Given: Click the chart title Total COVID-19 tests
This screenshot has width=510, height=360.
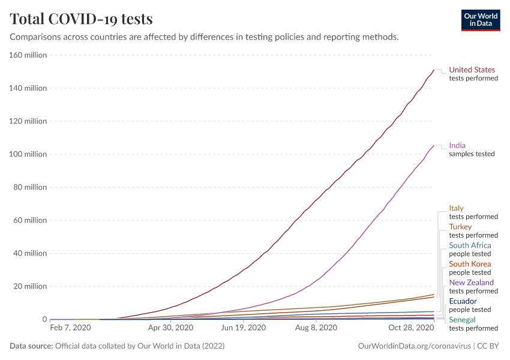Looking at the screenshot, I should click(x=82, y=19).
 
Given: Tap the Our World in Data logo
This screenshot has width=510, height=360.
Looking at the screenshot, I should click(x=480, y=20).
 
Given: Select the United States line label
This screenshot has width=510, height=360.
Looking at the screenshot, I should click(x=472, y=70).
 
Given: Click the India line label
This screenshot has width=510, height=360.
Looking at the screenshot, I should click(x=457, y=145).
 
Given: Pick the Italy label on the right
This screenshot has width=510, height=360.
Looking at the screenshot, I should click(x=456, y=208).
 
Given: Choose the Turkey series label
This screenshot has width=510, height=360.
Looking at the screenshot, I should click(x=460, y=227).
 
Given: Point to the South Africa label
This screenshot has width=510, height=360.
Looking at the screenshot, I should click(x=470, y=245).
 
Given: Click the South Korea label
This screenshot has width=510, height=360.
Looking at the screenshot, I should click(x=470, y=264).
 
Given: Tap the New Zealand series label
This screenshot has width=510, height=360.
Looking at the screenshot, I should click(x=471, y=283).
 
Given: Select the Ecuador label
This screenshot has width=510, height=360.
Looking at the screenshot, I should click(x=463, y=301).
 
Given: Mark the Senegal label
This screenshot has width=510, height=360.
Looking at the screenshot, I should click(x=462, y=320).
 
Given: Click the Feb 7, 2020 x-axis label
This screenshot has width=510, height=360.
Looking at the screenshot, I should click(x=70, y=328).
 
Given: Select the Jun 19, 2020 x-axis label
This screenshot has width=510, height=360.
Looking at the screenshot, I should click(x=243, y=328).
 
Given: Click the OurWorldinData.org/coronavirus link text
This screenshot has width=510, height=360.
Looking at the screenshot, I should click(x=414, y=346).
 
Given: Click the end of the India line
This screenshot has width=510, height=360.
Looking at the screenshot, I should click(x=434, y=145).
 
